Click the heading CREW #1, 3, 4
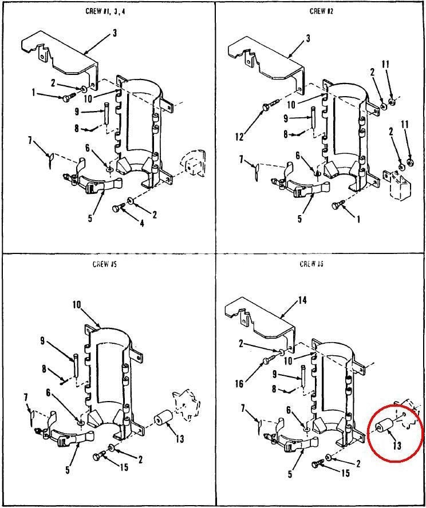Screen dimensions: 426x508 (105, 11)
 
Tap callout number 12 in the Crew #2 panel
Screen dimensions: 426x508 (239, 137)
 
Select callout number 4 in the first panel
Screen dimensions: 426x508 (141, 223)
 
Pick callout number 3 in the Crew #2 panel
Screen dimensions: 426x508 (308, 38)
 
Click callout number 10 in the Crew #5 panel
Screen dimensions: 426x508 (77, 304)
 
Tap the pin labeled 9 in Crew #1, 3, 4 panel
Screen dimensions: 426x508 (107, 113)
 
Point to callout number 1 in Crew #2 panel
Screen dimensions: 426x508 (358, 220)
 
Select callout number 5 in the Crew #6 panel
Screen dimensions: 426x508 (290, 475)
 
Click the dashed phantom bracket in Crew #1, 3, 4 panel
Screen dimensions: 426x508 (193, 163)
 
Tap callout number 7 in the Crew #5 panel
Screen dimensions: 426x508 (26, 398)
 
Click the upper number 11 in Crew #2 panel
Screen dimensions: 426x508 (385, 64)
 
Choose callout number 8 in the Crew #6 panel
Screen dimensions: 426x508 (274, 388)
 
